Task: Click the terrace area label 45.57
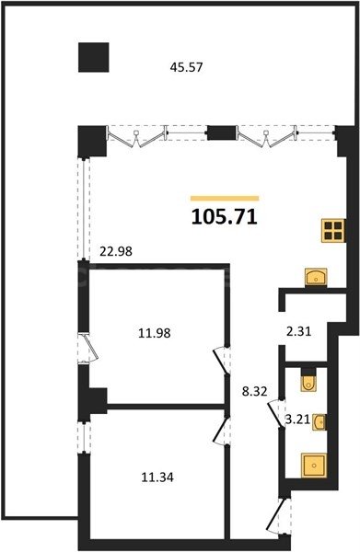186,66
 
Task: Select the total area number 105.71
224,217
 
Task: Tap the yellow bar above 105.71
224,197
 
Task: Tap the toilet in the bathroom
308,381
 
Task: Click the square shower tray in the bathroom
315,466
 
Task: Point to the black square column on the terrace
93,57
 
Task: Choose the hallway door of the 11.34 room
219,428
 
